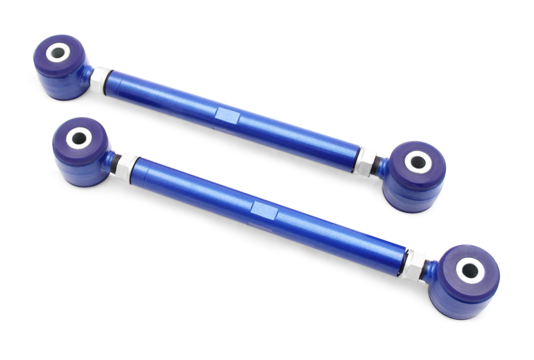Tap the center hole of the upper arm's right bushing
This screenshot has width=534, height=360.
[417, 160]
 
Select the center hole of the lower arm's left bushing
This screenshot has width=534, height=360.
[79, 138]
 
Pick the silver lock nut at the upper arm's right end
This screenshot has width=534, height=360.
[365, 160]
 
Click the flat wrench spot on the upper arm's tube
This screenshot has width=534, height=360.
[228, 116]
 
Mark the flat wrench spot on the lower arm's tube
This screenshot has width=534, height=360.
[264, 211]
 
